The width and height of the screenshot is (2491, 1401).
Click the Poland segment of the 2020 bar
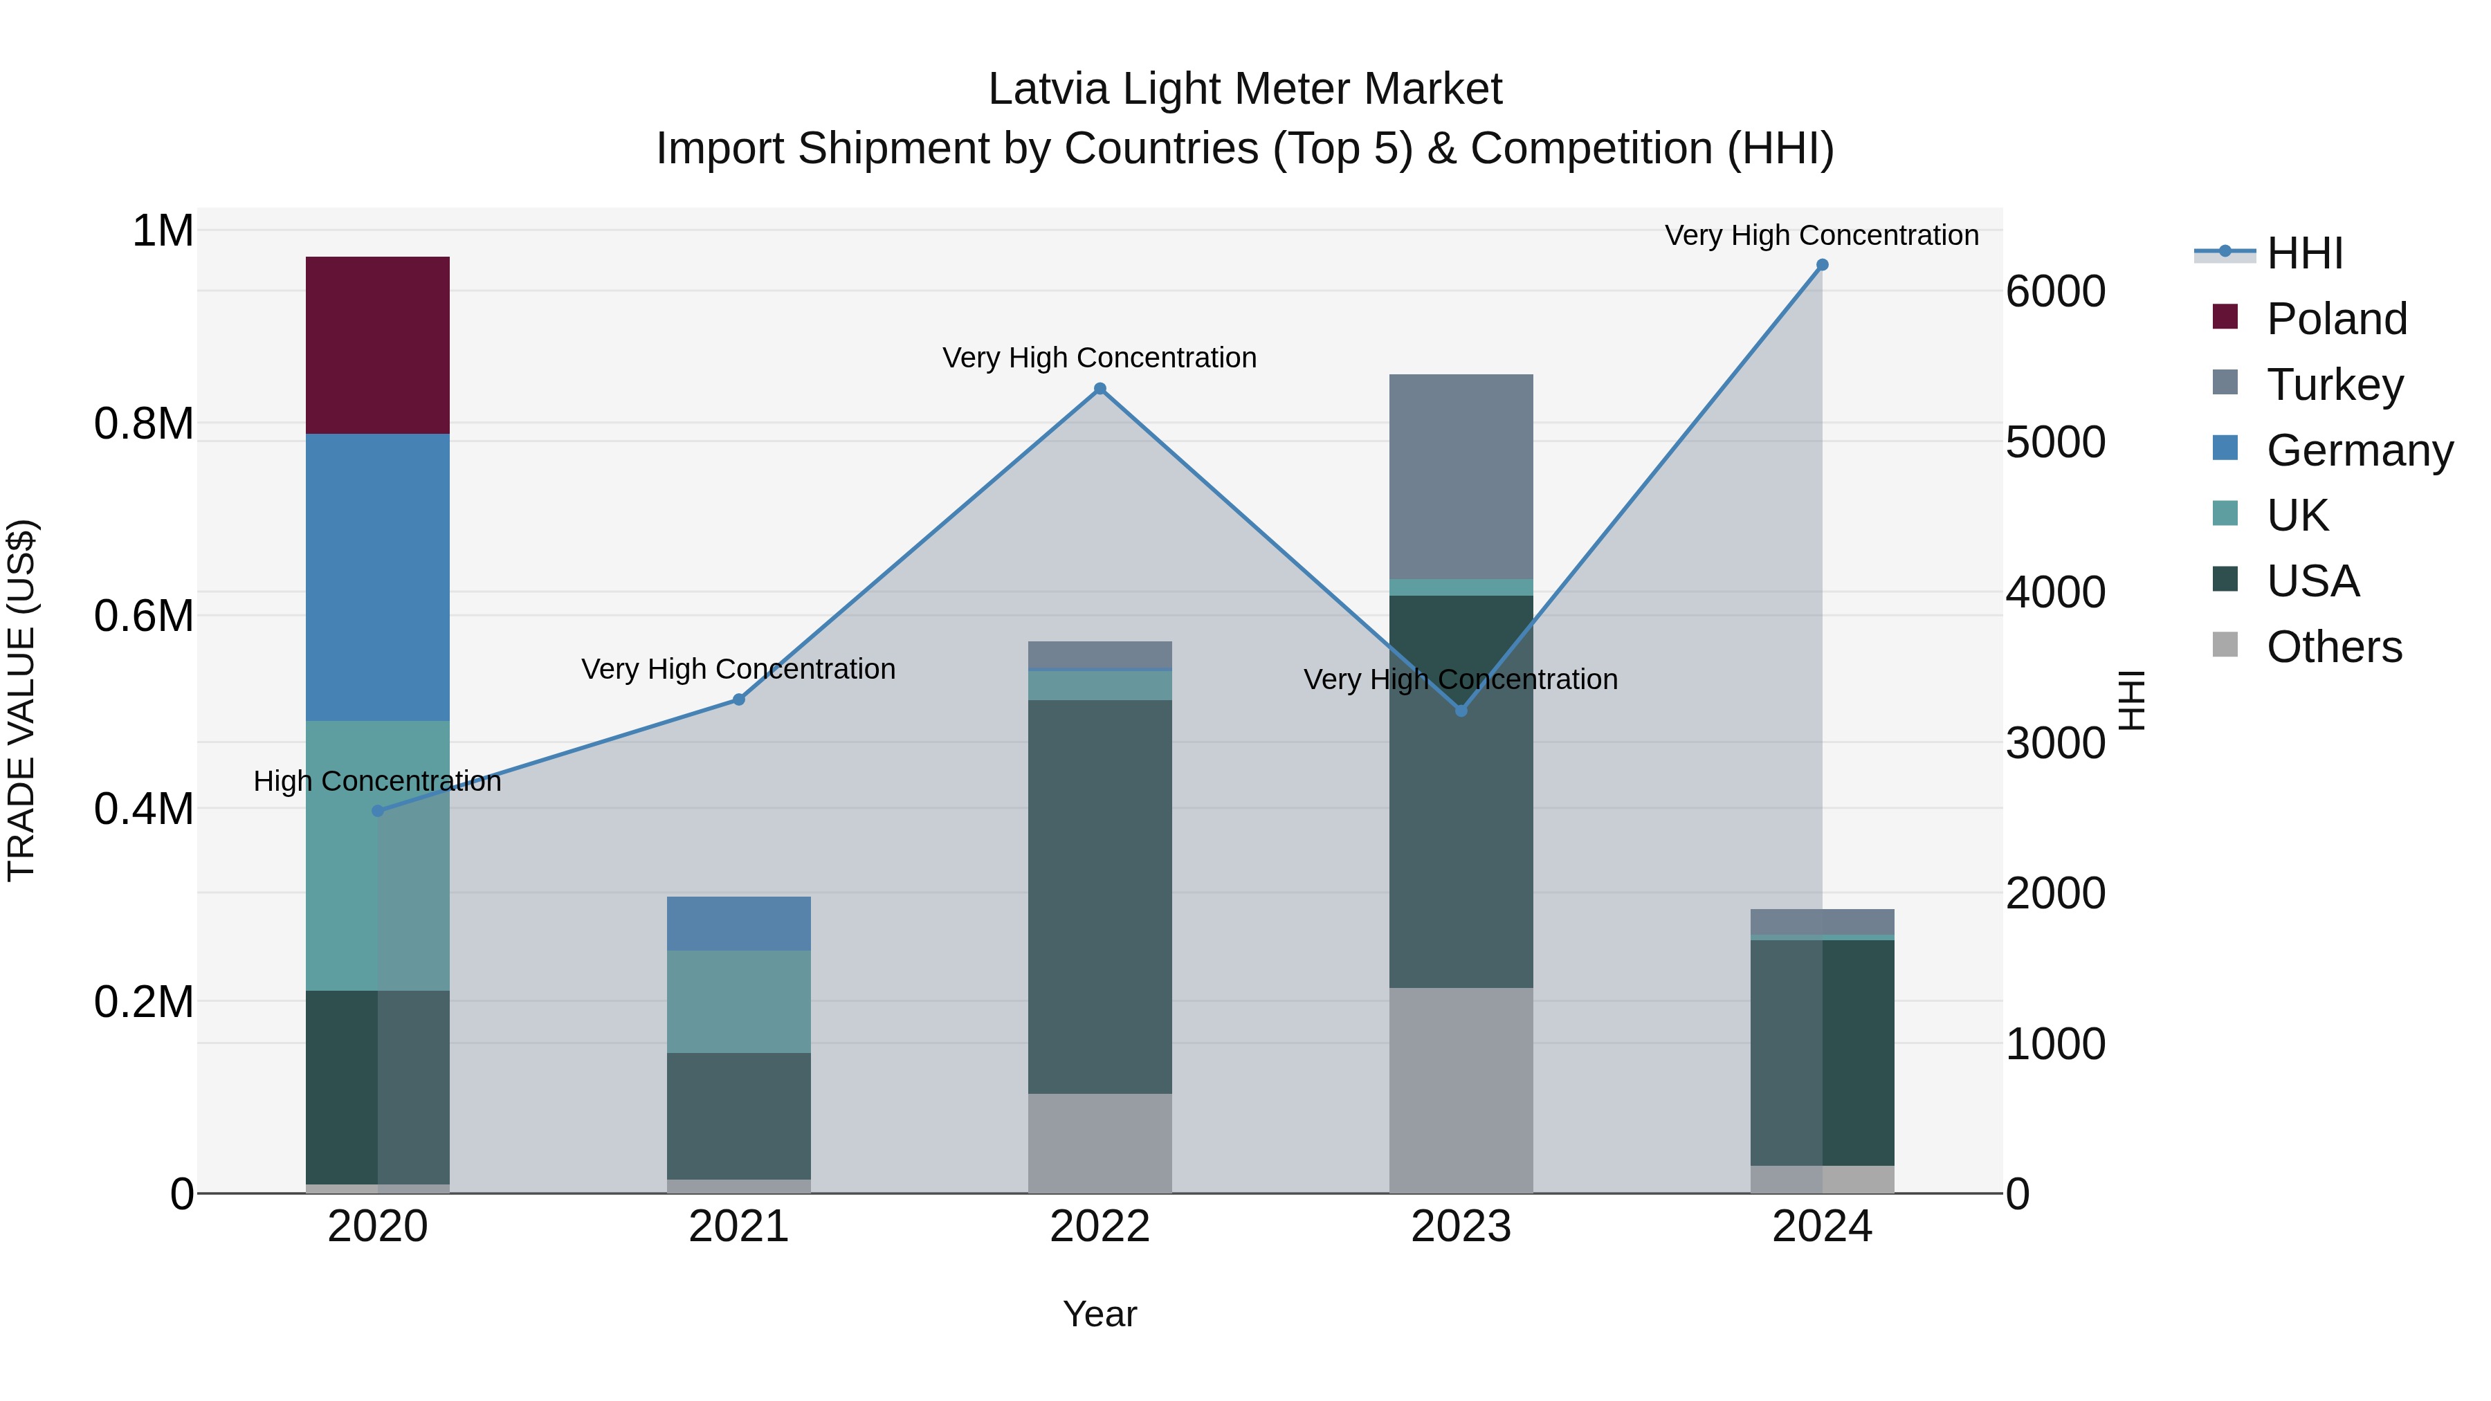pyautogui.click(x=377, y=345)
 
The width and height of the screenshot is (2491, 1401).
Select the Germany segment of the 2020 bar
pyautogui.click(x=377, y=576)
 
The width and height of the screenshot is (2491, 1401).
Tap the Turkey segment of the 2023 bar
pyautogui.click(x=1460, y=476)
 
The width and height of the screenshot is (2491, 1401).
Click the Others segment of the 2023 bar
pyautogui.click(x=1460, y=1090)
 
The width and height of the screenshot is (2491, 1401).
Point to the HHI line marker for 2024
pyautogui.click(x=1822, y=265)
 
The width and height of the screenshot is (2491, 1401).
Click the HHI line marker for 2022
pyautogui.click(x=1099, y=389)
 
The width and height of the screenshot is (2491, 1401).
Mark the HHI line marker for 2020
pyautogui.click(x=378, y=810)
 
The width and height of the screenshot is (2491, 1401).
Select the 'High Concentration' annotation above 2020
pyautogui.click(x=377, y=780)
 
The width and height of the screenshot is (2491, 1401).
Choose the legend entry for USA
pyautogui.click(x=2312, y=581)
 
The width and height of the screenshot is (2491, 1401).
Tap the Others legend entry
pyautogui.click(x=2333, y=647)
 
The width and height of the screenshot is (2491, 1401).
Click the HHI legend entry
pyautogui.click(x=2304, y=253)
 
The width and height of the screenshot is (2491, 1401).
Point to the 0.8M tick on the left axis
pyautogui.click(x=144, y=423)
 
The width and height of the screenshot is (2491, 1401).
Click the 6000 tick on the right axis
pyautogui.click(x=2055, y=291)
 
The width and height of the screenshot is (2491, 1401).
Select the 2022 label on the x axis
pyautogui.click(x=1099, y=1226)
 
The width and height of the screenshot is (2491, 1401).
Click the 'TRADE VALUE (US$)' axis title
pyautogui.click(x=21, y=700)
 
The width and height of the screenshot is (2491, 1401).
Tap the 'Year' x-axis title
pyautogui.click(x=1099, y=1314)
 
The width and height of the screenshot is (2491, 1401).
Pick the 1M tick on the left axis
pyautogui.click(x=163, y=231)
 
